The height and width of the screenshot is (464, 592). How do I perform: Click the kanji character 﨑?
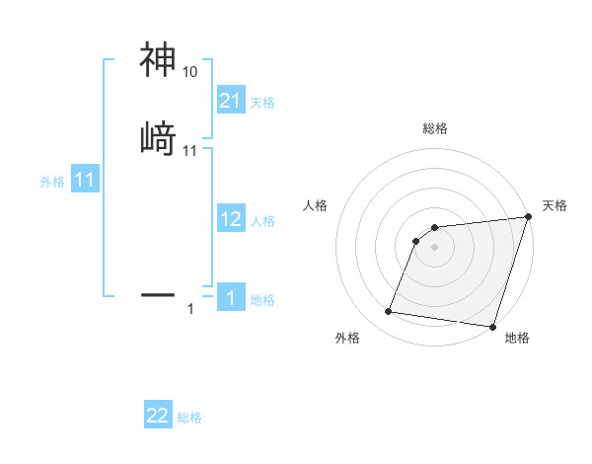tap(158, 138)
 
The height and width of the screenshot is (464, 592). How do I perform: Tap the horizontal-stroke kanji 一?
tap(158, 293)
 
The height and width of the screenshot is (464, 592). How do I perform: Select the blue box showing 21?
tap(231, 101)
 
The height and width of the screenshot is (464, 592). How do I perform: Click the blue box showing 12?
tap(231, 219)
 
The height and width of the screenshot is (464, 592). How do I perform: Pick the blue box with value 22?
tap(158, 416)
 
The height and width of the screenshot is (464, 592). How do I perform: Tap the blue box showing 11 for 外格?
tap(84, 181)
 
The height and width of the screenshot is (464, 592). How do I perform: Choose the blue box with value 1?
tap(231, 298)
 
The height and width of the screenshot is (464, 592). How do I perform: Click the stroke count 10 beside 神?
tap(189, 72)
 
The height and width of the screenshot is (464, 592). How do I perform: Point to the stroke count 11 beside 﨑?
tap(189, 151)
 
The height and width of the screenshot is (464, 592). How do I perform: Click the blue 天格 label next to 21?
tap(262, 103)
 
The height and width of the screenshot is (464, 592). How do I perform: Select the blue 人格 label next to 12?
tap(262, 221)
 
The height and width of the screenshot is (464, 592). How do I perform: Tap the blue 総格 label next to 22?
tap(189, 418)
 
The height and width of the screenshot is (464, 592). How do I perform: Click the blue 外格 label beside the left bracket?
tap(52, 182)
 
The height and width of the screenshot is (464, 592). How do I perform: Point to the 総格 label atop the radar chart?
tap(435, 128)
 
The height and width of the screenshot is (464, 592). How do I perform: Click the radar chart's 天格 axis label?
tap(555, 205)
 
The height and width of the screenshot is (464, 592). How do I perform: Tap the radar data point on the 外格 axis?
tap(389, 312)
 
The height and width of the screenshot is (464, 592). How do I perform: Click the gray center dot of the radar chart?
tap(435, 247)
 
